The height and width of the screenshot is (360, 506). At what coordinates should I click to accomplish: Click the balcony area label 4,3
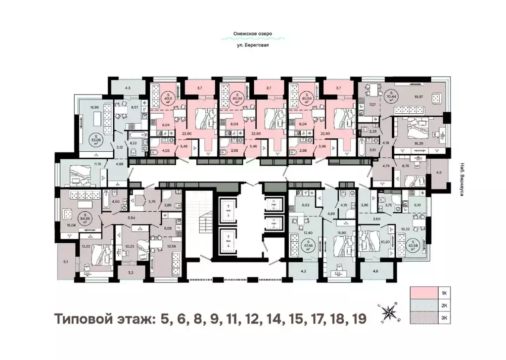(127, 88)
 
